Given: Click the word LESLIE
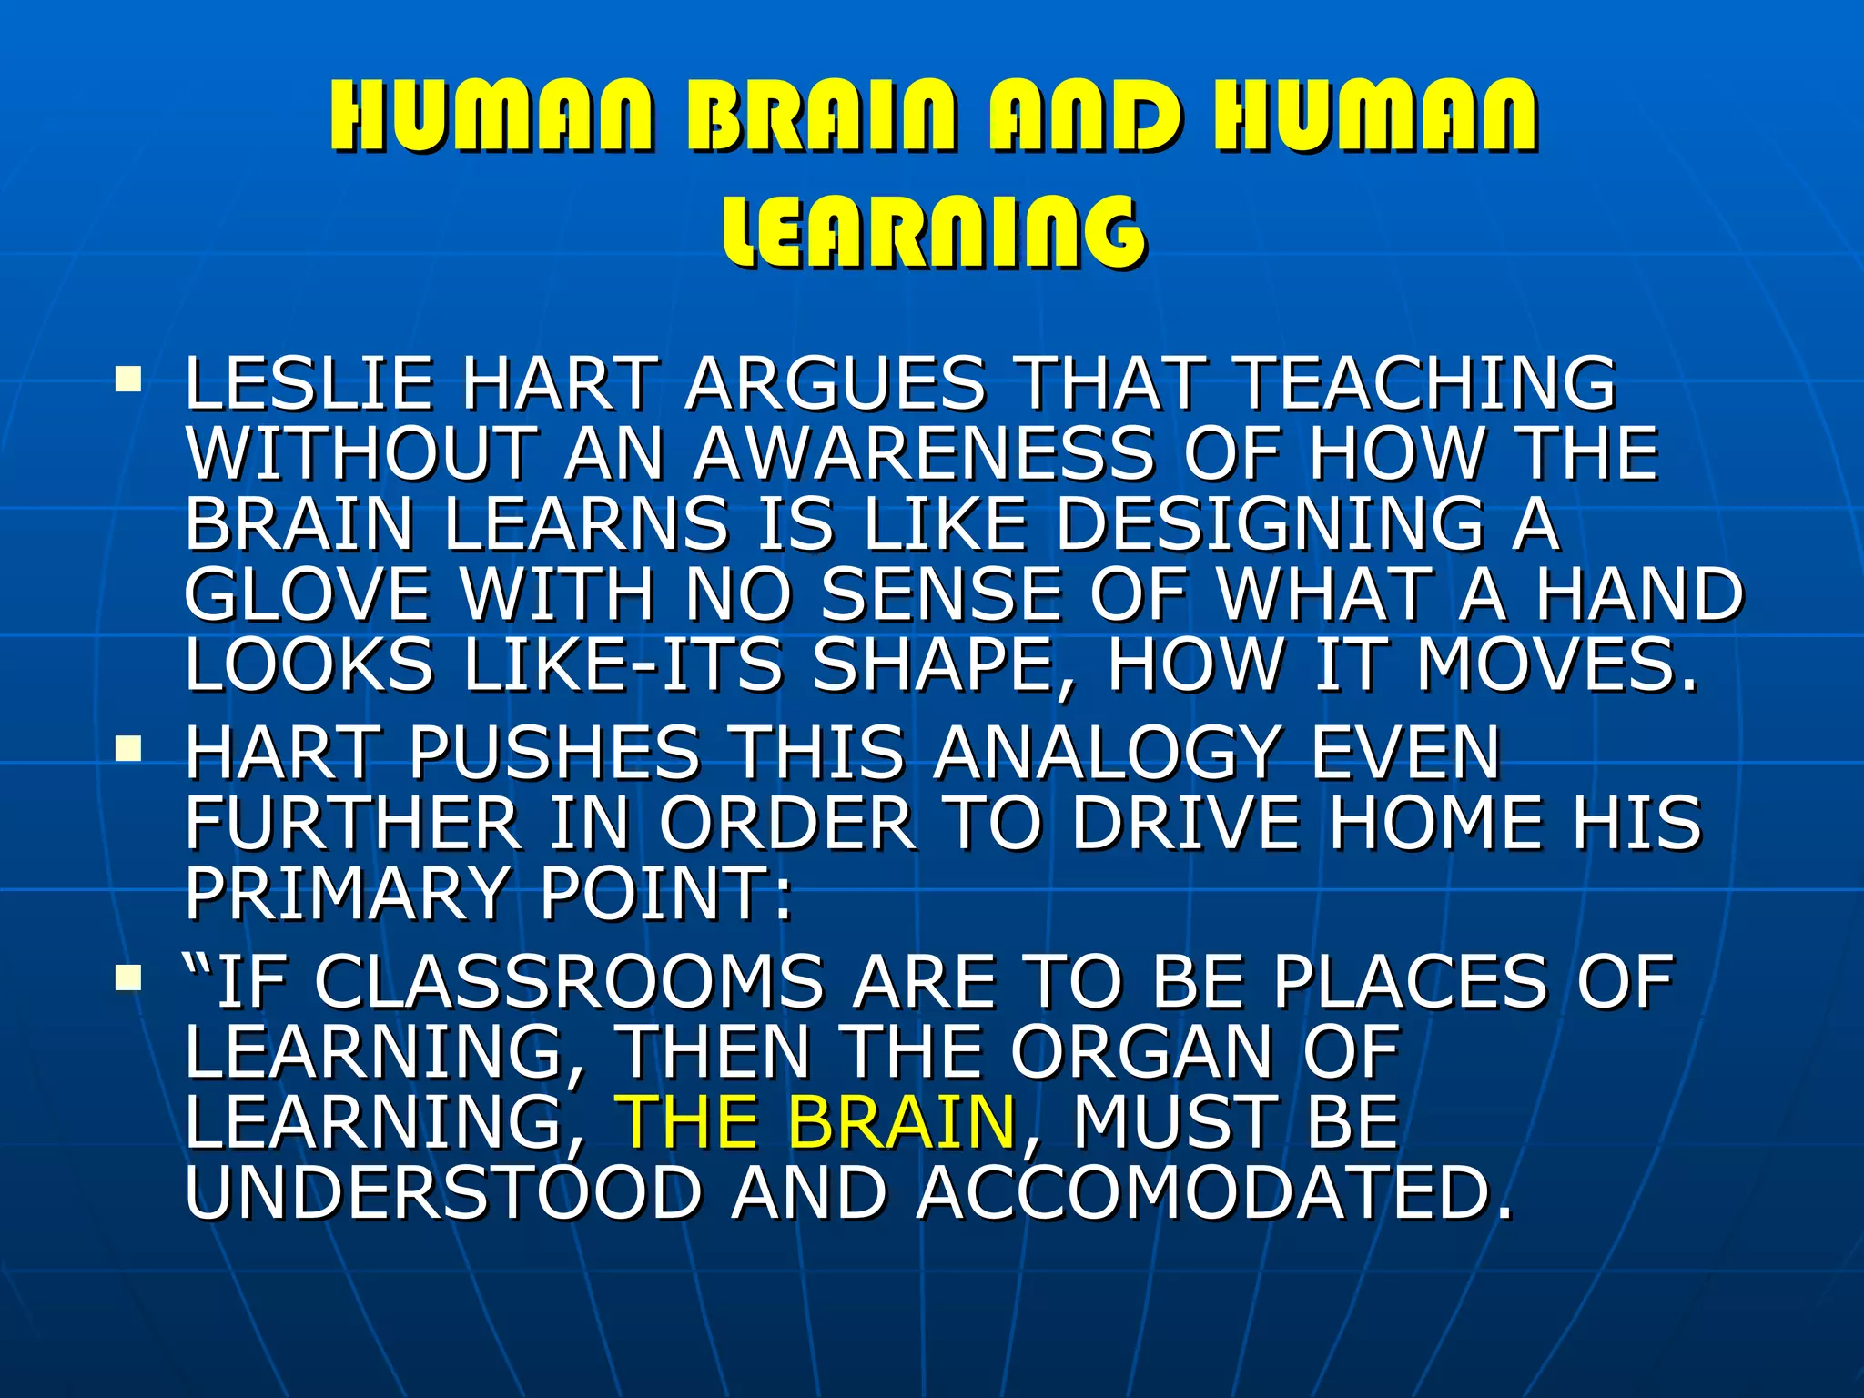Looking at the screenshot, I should click(x=309, y=383).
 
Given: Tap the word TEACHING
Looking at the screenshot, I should click(x=1427, y=383).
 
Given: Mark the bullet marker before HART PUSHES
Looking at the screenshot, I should click(x=128, y=748).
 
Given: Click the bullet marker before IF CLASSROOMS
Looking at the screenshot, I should click(x=128, y=978).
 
